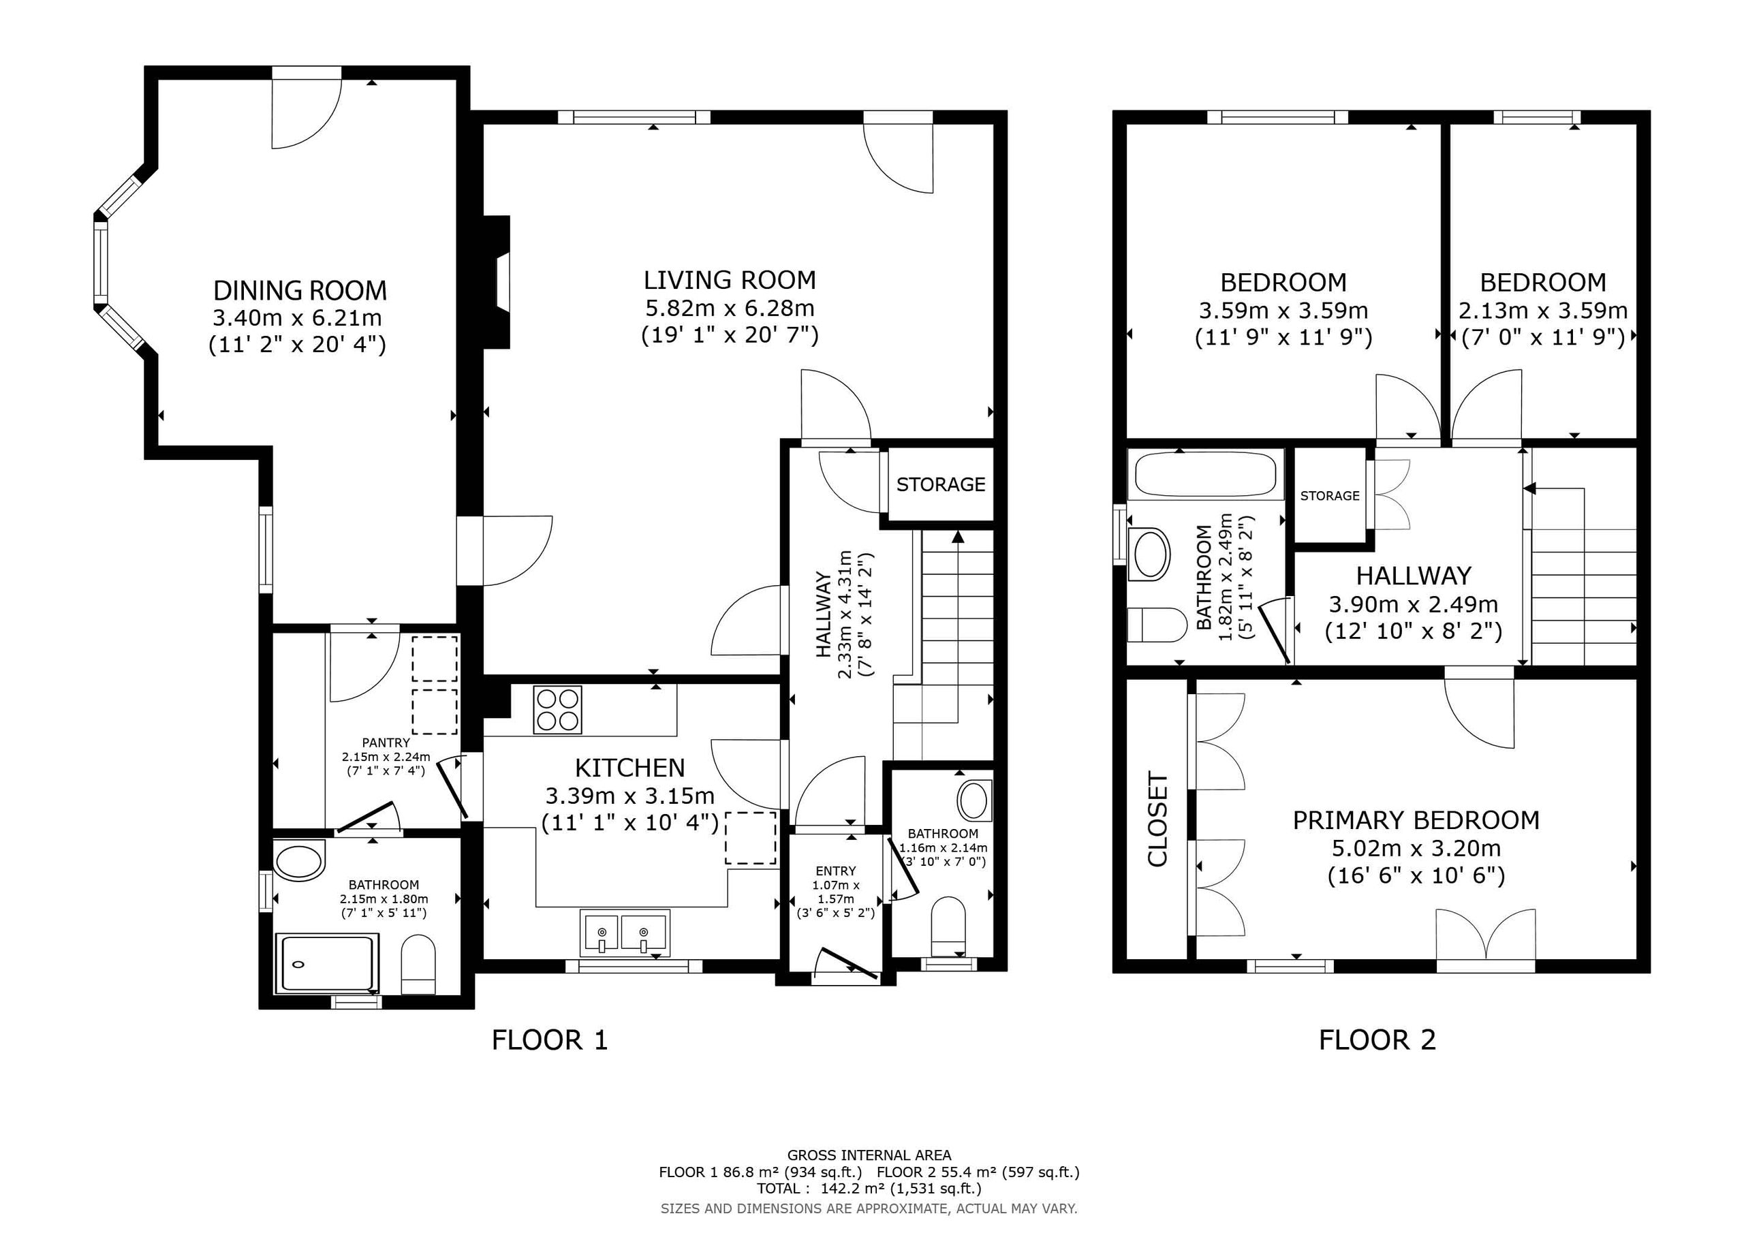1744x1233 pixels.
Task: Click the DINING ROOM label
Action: tap(300, 290)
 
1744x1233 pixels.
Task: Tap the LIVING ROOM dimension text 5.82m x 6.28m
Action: tap(729, 309)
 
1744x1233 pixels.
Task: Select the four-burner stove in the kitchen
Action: tap(557, 710)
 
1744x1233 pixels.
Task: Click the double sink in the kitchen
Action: tap(625, 932)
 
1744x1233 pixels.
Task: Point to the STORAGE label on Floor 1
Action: tap(940, 485)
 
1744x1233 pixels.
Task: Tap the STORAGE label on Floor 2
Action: tap(1329, 496)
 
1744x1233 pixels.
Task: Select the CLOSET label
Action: tap(1157, 819)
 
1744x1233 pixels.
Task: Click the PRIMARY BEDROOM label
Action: tap(1416, 820)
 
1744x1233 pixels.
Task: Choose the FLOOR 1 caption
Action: tap(550, 1040)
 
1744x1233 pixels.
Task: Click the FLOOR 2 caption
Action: tap(1377, 1040)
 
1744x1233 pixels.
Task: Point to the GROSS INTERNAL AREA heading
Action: tap(869, 1155)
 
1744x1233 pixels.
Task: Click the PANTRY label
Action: tap(386, 743)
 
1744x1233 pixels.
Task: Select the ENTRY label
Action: tap(835, 871)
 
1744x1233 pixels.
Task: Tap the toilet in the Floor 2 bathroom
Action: tap(1156, 625)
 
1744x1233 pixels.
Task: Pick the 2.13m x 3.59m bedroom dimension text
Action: tap(1543, 311)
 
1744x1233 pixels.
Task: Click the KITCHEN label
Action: tap(629, 768)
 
